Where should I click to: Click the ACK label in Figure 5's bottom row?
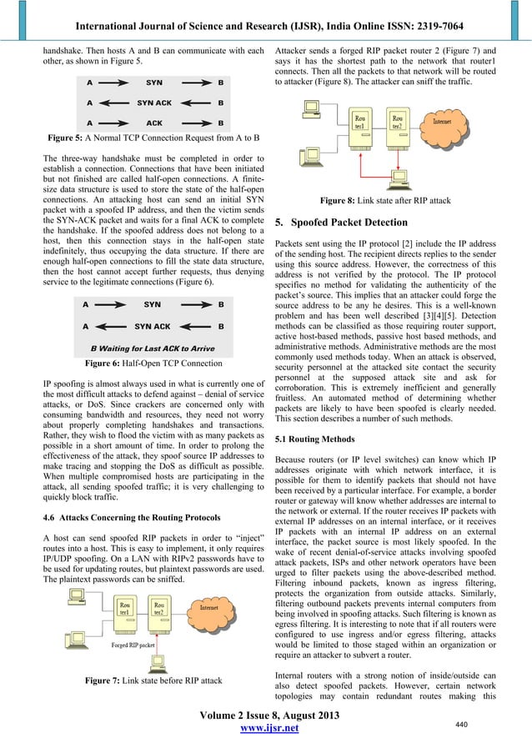point(153,122)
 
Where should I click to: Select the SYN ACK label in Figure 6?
point(153,327)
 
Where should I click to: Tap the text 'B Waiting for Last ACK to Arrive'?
point(153,348)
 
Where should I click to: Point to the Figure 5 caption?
point(153,137)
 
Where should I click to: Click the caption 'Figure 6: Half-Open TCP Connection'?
point(153,363)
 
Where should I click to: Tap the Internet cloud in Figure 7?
point(210,609)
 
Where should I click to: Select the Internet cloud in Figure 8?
point(442,123)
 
